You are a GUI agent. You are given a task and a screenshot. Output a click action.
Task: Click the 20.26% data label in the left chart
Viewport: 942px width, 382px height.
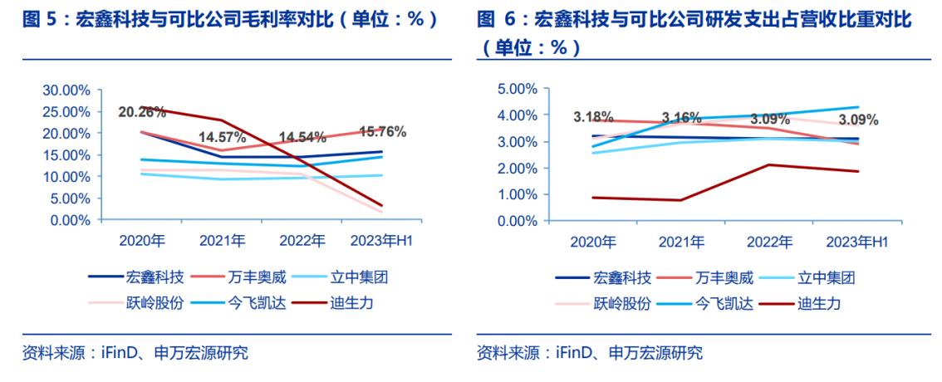142,111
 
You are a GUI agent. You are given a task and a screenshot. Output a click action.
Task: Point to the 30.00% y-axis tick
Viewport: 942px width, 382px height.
66,90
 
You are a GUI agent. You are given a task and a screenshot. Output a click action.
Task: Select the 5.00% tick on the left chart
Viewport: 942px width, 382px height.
69,198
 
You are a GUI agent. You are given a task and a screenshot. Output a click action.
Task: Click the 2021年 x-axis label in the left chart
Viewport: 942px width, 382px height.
222,241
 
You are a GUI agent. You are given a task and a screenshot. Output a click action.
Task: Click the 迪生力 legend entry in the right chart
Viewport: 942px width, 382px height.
819,303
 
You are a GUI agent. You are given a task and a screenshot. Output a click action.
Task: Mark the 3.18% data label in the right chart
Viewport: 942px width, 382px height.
593,117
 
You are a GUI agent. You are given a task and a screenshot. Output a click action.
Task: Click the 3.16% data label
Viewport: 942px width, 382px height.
681,117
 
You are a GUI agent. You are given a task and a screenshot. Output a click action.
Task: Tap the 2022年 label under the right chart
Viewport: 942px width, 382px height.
768,242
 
